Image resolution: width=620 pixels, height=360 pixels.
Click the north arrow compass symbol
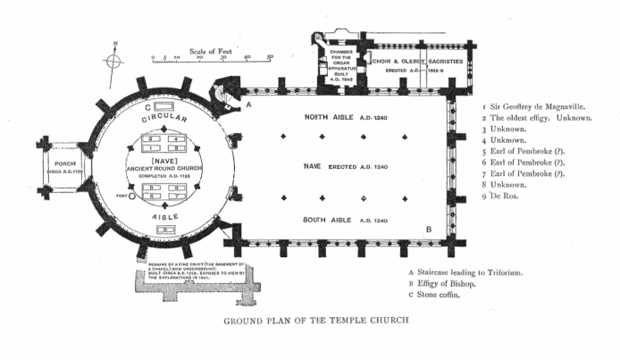click(113, 60)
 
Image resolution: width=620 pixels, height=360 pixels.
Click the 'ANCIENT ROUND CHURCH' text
click(162, 165)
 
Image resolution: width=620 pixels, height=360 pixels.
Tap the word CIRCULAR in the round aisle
click(163, 117)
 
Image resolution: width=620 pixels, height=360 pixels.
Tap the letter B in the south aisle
click(429, 229)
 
